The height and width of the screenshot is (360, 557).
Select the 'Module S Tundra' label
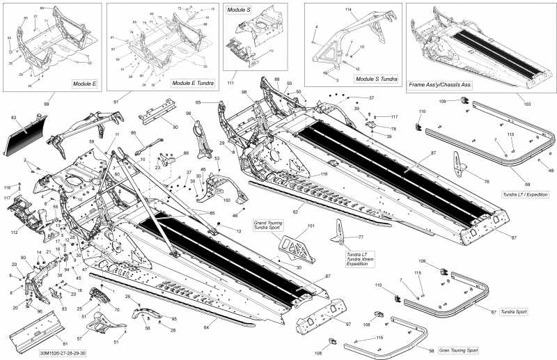click(x=376, y=79)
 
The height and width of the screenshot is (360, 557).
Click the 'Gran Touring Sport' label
click(x=462, y=351)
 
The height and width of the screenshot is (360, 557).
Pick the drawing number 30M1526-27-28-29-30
click(x=63, y=354)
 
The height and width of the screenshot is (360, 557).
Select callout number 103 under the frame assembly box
click(x=527, y=103)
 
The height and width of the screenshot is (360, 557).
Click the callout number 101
click(x=311, y=226)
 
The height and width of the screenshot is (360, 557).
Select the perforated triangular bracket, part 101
click(x=295, y=244)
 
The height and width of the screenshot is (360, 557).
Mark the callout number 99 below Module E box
click(x=47, y=103)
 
